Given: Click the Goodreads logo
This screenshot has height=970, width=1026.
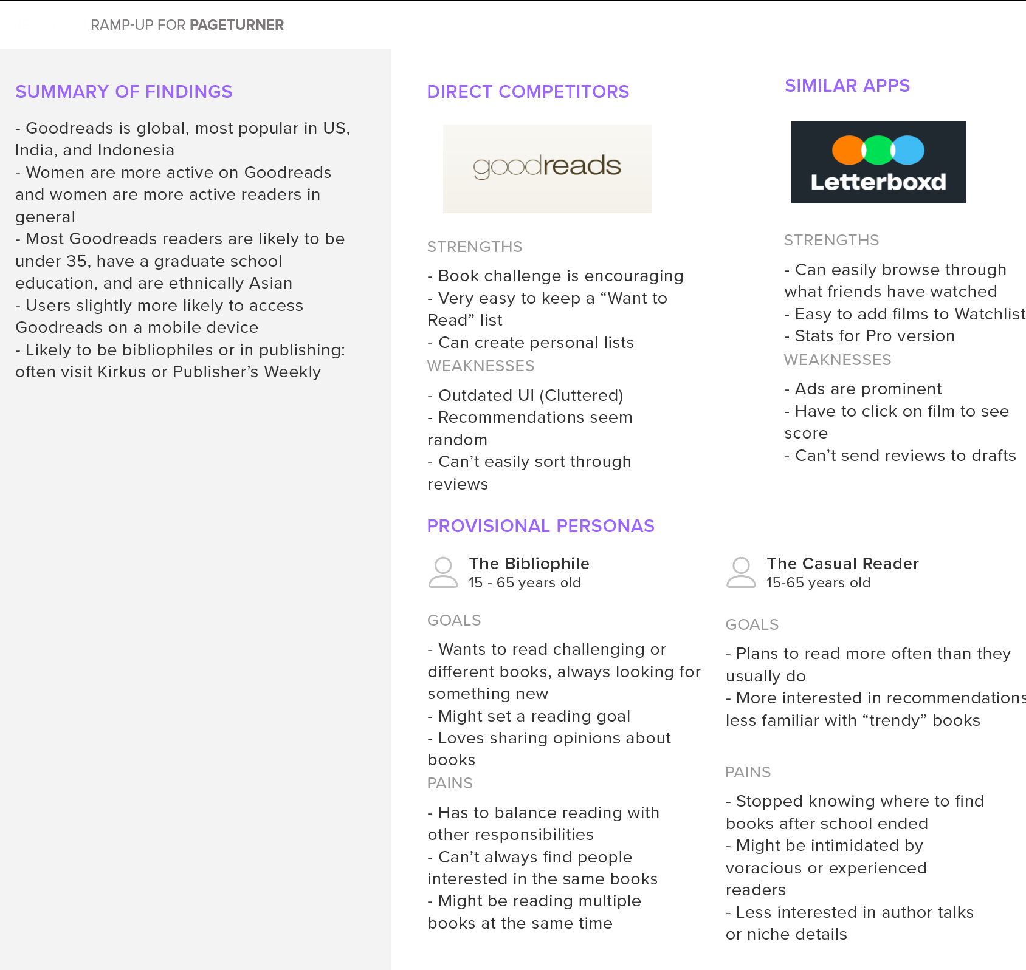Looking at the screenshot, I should point(547,168).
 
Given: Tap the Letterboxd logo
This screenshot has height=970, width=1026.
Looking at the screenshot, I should point(878,162).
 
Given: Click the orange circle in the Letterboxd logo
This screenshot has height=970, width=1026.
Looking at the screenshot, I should point(849,150).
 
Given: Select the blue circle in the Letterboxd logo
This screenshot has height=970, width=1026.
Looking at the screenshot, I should point(907,150).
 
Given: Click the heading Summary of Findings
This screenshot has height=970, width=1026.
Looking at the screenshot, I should point(124,92).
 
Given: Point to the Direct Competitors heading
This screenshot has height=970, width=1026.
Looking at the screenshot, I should point(528,92).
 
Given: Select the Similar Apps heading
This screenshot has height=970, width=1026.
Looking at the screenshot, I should point(847,86).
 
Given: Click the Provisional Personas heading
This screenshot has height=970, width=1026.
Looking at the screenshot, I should point(540,526).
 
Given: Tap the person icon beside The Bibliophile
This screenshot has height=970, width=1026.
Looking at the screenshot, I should point(443,572).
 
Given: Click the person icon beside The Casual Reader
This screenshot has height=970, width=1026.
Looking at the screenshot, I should point(741,572).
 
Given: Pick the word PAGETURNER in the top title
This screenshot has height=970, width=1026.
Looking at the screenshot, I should point(236,25).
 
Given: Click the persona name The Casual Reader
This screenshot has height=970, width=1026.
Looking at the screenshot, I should point(842,564).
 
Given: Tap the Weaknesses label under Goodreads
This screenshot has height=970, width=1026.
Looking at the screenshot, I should point(481,366).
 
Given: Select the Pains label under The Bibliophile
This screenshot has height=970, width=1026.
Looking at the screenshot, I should point(450,783).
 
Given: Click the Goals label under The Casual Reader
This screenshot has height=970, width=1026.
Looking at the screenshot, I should point(752,624).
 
